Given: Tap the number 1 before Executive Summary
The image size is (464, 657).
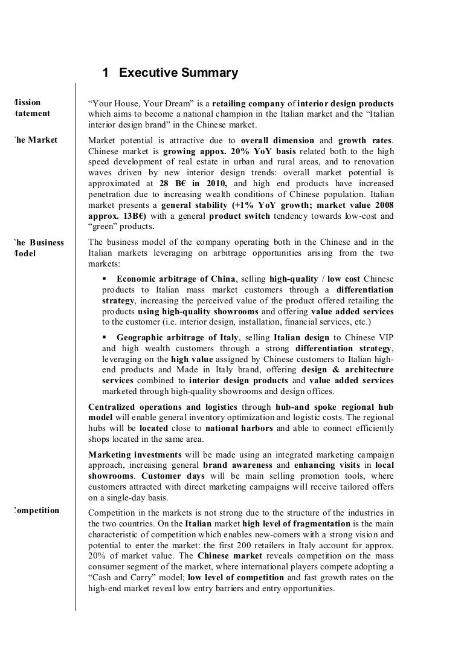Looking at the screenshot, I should [x=106, y=74].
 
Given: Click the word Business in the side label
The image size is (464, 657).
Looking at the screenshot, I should [x=48, y=243].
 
